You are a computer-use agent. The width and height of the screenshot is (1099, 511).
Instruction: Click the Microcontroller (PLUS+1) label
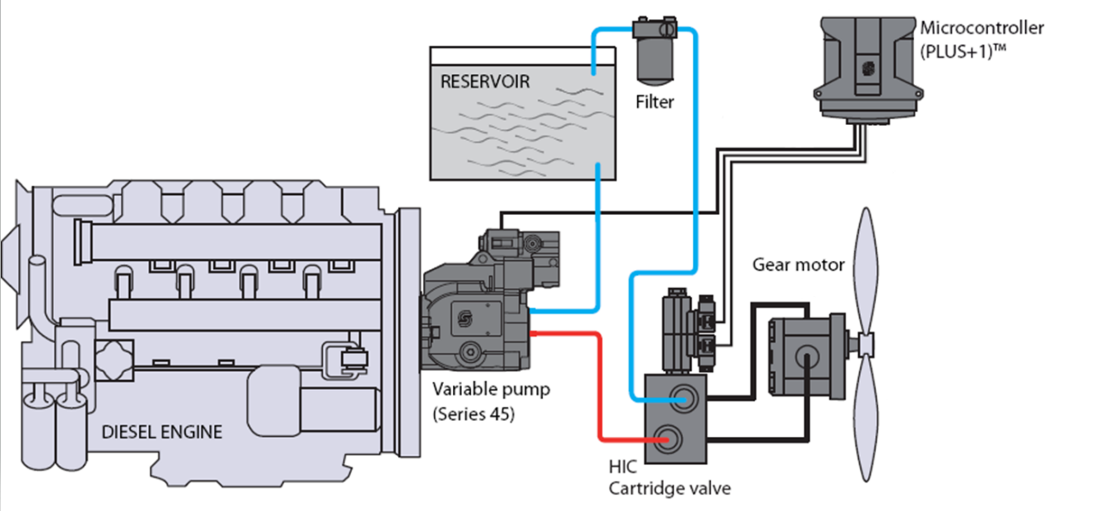tap(981, 38)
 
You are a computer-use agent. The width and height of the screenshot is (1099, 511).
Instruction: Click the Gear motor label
tap(798, 265)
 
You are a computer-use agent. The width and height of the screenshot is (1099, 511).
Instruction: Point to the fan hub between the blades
tap(863, 342)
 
